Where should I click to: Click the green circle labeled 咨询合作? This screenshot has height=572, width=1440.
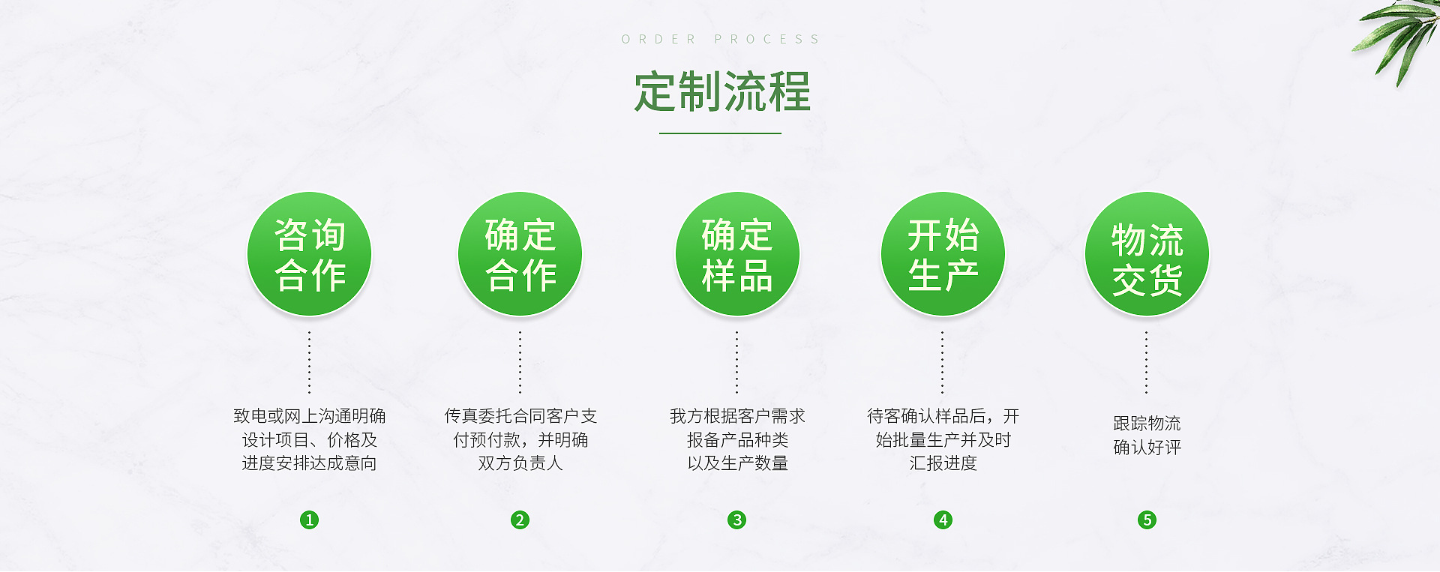tap(309, 254)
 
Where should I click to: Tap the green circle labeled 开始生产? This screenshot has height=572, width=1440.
tap(943, 254)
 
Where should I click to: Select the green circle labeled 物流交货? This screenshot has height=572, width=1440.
tap(1147, 254)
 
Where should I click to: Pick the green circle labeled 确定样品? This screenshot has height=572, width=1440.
tap(737, 254)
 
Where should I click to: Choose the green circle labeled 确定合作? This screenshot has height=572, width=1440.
tap(520, 254)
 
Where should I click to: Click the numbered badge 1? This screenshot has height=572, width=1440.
tap(309, 520)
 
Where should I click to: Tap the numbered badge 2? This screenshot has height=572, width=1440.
tap(520, 520)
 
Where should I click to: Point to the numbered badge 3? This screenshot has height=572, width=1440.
tap(737, 520)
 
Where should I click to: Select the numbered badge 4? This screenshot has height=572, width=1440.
tap(943, 520)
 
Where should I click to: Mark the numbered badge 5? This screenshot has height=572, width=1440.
tap(1147, 520)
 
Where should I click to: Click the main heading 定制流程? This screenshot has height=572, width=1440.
tap(721, 92)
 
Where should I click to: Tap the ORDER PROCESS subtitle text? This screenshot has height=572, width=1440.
tap(721, 39)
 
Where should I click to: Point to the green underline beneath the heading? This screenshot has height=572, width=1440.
tap(720, 133)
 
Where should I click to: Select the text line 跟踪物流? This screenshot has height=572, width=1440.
tap(1147, 424)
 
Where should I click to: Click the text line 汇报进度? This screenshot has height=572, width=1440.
tap(943, 463)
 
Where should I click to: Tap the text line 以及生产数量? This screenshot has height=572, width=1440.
tap(737, 463)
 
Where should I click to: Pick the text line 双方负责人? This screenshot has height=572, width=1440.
tap(520, 463)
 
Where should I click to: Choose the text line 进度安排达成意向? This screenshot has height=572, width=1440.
tap(309, 463)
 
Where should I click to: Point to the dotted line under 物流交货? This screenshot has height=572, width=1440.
tap(1146, 362)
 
